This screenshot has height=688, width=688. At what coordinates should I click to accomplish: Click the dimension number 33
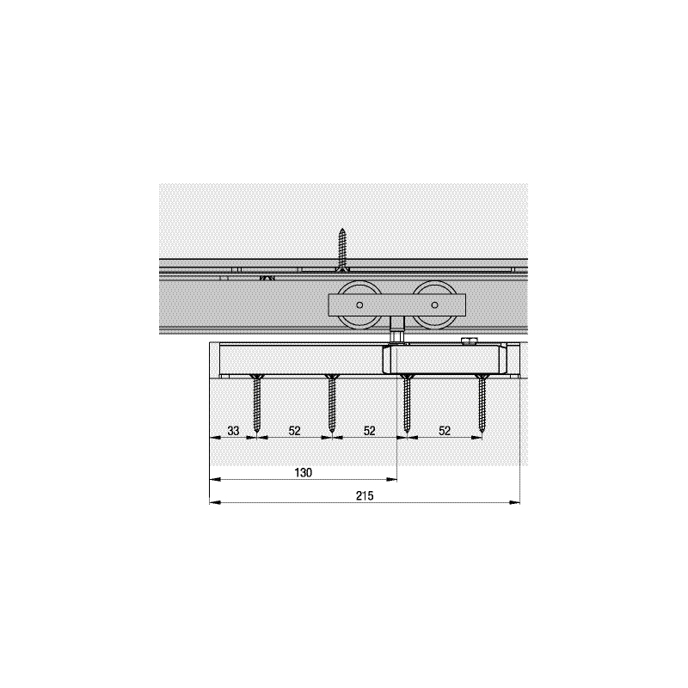pyautogui.click(x=233, y=431)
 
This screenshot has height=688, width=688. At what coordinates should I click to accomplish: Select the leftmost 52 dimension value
pyautogui.click(x=294, y=431)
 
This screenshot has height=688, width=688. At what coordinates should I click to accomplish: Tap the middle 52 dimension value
pyautogui.click(x=370, y=431)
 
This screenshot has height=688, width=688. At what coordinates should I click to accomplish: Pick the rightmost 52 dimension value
pyautogui.click(x=445, y=431)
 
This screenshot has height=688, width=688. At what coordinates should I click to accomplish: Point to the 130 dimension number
pyautogui.click(x=304, y=472)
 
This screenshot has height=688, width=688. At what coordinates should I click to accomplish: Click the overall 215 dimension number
pyautogui.click(x=365, y=496)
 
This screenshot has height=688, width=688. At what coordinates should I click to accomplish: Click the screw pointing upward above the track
pyautogui.click(x=342, y=249)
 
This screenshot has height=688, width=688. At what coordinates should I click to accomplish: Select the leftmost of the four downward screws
pyautogui.click(x=257, y=404)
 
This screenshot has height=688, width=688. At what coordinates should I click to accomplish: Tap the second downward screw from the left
pyautogui.click(x=332, y=404)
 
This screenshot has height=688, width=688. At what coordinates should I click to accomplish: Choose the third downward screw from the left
pyautogui.click(x=407, y=404)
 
